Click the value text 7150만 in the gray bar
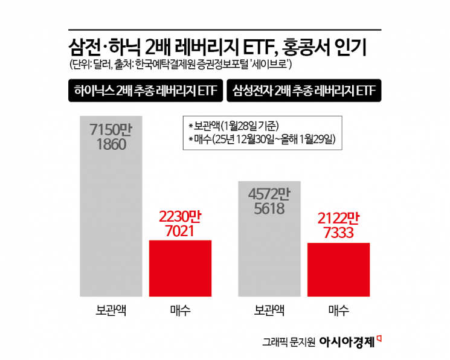pyautogui.click(x=112, y=130)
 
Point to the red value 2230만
pyautogui.click(x=179, y=216)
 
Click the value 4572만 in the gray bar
pyautogui.click(x=270, y=194)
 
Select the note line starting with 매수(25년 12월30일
pyautogui.click(x=262, y=140)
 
